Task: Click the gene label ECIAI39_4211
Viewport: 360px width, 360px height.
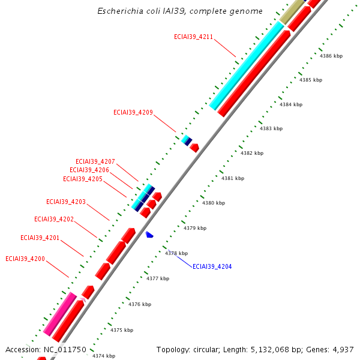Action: [194, 37]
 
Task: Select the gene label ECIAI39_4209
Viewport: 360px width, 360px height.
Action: [133, 112]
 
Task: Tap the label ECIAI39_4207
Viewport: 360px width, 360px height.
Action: [95, 161]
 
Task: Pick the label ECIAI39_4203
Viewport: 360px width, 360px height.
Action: [66, 202]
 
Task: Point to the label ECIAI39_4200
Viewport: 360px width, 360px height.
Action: [25, 259]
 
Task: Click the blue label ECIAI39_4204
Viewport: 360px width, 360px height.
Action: [212, 266]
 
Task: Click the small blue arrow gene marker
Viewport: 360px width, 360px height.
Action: [149, 234]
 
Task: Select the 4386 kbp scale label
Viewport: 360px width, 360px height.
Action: [331, 56]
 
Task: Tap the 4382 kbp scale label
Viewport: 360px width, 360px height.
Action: [252, 154]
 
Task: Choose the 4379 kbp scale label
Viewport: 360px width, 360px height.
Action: [195, 228]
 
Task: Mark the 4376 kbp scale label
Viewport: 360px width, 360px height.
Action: [140, 305]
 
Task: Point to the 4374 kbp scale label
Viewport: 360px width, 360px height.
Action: [103, 356]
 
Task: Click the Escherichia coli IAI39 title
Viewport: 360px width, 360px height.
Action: [180, 11]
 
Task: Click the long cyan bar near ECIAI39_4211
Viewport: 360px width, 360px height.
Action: [247, 66]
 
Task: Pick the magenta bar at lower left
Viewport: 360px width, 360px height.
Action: [60, 313]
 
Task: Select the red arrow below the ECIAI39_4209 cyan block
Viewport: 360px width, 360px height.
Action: [194, 147]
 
